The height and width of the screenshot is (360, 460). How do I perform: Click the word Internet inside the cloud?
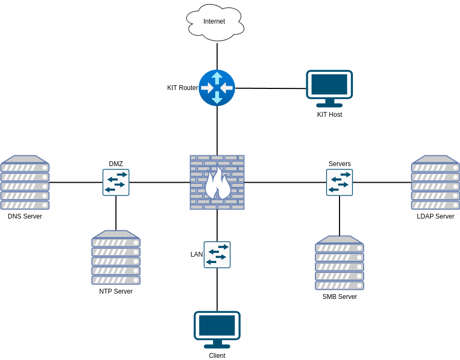coord(214,21)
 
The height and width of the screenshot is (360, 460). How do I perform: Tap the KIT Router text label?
coord(183,88)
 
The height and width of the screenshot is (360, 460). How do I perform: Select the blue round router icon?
coord(217,88)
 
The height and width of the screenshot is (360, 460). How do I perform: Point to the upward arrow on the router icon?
coord(217,78)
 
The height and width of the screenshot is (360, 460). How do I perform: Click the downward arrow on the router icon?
coord(217,97)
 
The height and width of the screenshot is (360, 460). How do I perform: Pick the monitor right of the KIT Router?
coord(329,85)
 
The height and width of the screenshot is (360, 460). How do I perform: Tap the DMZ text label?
coord(116,164)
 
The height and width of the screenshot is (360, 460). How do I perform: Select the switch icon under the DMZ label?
coord(116,182)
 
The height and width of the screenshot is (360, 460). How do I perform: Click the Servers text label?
coord(340,164)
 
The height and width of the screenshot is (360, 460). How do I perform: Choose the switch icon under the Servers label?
coord(340,182)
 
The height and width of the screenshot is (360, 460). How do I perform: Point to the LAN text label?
coord(197,254)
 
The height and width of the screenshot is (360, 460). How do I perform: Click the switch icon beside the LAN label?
coord(217,254)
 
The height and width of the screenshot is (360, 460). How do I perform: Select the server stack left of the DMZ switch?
coord(25,183)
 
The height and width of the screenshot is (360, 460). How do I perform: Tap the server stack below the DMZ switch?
coord(116,258)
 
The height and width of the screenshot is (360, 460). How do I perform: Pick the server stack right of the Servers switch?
coord(435,183)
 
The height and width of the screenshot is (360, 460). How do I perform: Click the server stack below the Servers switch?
coord(340,263)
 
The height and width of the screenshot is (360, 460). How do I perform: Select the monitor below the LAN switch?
coord(217,326)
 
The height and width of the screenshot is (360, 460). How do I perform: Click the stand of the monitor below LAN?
coord(217,344)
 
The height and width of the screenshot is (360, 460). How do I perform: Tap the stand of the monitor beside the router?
coord(329,103)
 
